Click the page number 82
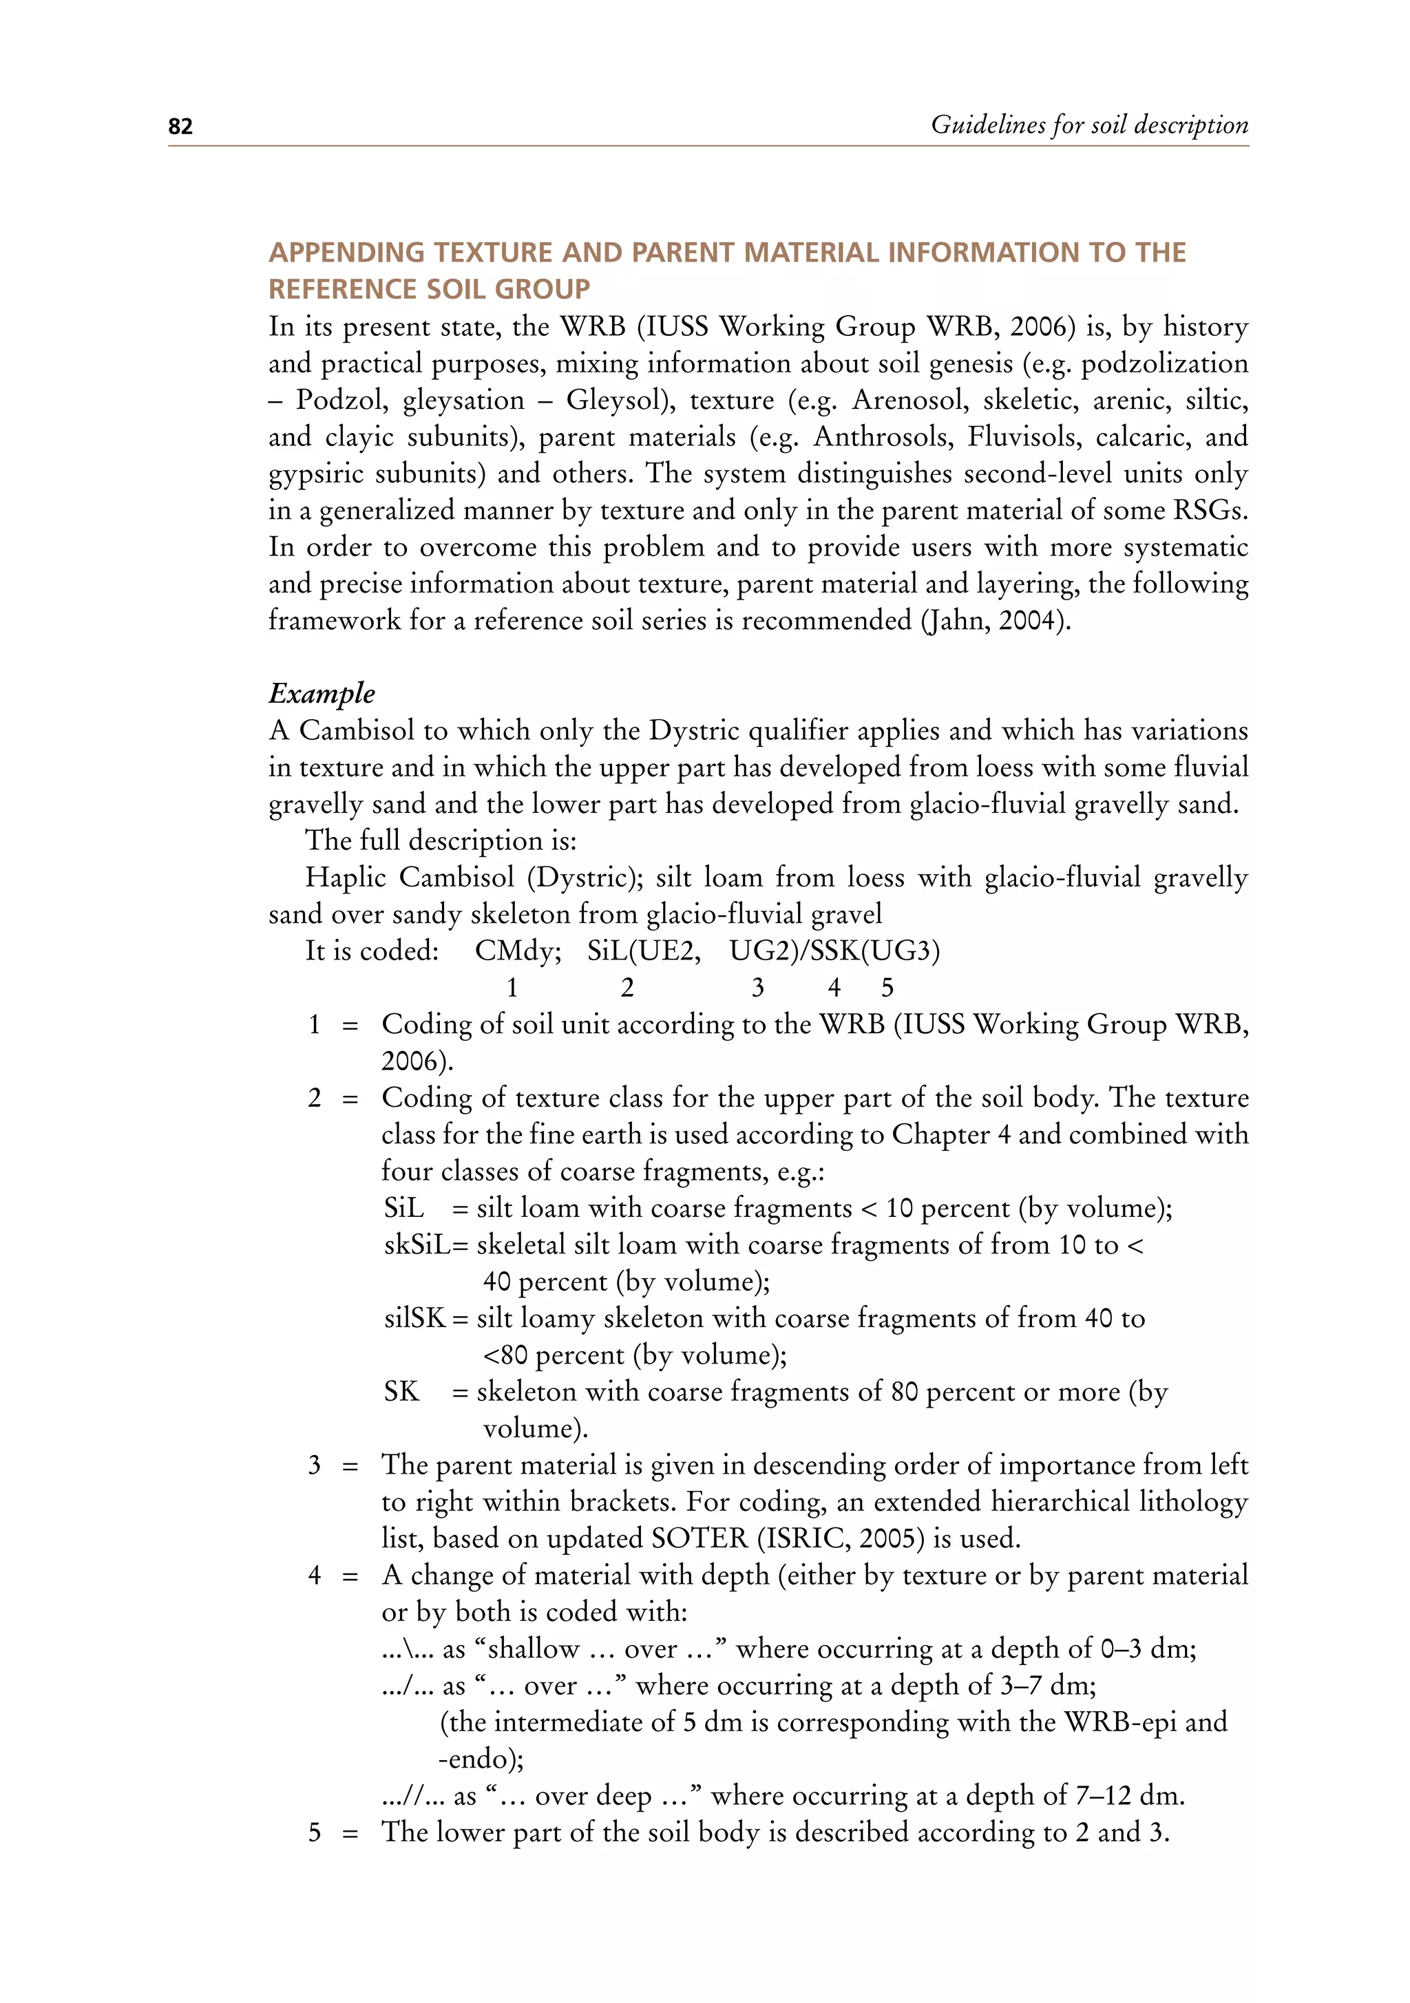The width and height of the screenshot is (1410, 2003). (x=180, y=127)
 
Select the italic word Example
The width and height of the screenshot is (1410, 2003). (x=321, y=694)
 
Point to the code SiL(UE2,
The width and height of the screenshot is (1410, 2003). (x=643, y=951)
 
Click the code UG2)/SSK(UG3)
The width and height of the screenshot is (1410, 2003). (x=834, y=951)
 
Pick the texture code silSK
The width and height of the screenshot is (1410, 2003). (x=415, y=1318)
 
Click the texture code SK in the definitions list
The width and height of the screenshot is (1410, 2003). (x=401, y=1392)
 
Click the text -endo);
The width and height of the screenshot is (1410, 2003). (x=480, y=1759)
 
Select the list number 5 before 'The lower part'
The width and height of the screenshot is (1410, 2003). (x=314, y=1832)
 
